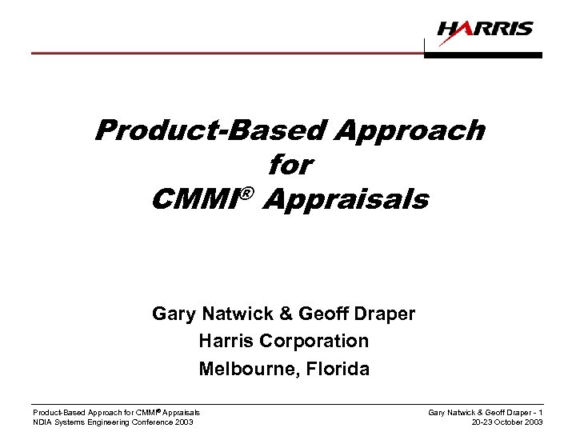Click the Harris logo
(485, 30)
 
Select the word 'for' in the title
(290, 166)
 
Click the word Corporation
(317, 341)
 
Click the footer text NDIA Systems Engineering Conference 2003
(113, 422)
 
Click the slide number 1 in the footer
(541, 412)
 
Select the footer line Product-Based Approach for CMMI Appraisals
(116, 412)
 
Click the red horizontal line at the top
(224, 53)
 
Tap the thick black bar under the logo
(483, 55)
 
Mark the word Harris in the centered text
(226, 341)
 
